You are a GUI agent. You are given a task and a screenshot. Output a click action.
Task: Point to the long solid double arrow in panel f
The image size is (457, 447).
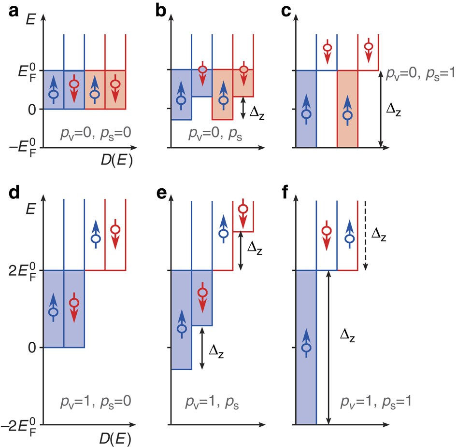click(x=328, y=347)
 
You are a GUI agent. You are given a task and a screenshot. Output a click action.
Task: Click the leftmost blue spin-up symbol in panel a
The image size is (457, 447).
click(x=54, y=91)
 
